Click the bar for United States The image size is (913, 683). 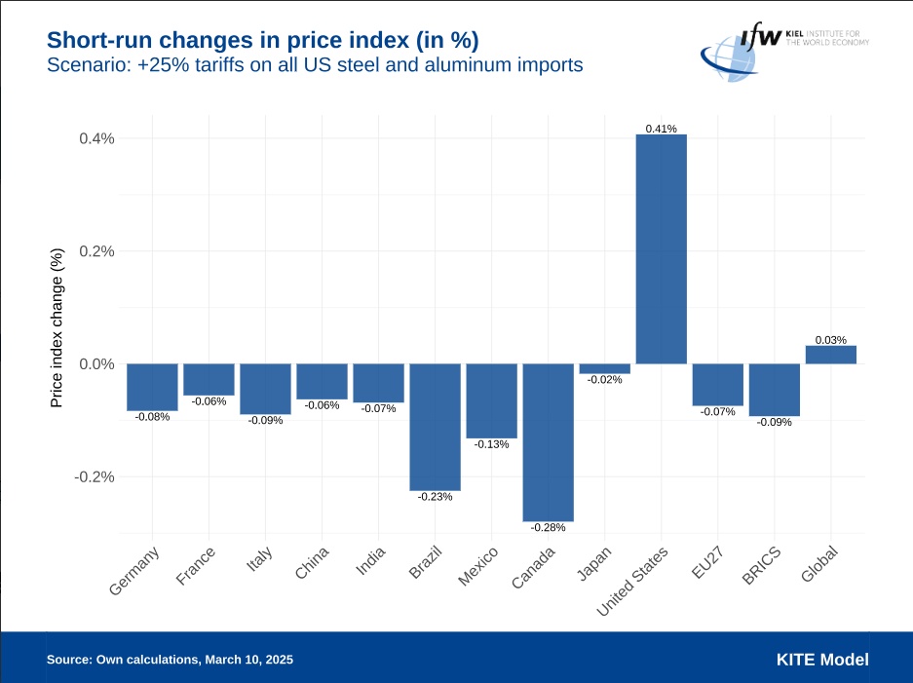(x=662, y=248)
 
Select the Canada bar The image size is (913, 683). (x=549, y=442)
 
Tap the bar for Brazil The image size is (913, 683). (x=435, y=427)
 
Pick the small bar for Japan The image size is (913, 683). (x=605, y=368)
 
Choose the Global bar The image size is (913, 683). (x=831, y=355)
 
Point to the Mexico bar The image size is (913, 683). (x=491, y=400)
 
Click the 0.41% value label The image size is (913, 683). (x=662, y=129)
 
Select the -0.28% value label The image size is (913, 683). (x=549, y=527)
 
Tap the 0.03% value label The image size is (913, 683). (x=831, y=340)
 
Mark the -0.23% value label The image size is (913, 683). (x=435, y=497)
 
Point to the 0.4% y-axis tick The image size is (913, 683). (x=97, y=138)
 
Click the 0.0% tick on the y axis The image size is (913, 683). (x=97, y=364)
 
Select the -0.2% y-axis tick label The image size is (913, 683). (x=95, y=477)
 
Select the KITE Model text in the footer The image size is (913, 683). (x=822, y=660)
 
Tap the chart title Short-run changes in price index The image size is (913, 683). (x=263, y=41)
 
